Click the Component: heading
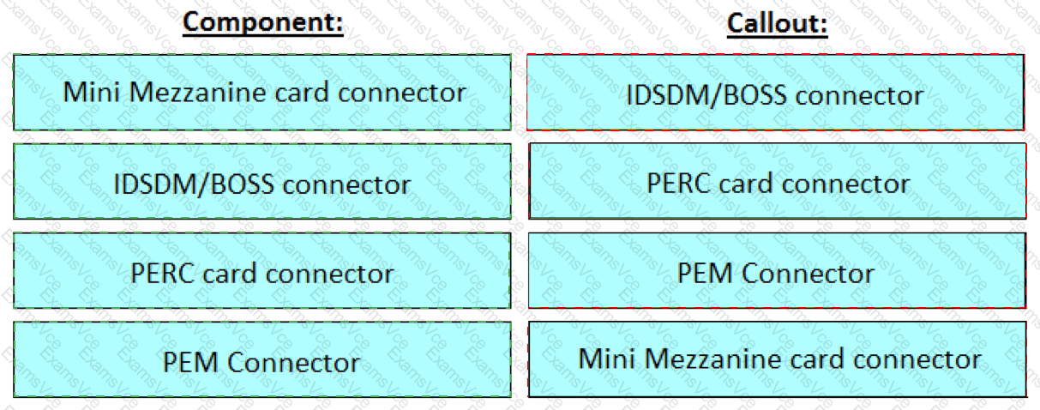point(262,21)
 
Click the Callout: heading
point(778,23)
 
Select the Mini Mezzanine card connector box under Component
point(262,92)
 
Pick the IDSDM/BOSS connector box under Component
point(262,181)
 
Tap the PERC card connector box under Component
point(262,270)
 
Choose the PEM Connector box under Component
point(262,359)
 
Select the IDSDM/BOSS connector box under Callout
point(775,92)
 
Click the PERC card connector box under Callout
point(778,181)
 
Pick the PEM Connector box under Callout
point(778,270)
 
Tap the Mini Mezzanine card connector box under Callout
point(778,359)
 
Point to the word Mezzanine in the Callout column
point(714,359)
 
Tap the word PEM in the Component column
point(191,362)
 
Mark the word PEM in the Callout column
point(706,273)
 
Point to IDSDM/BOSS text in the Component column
point(194,184)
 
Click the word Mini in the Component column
point(93,92)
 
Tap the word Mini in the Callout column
point(608,359)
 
